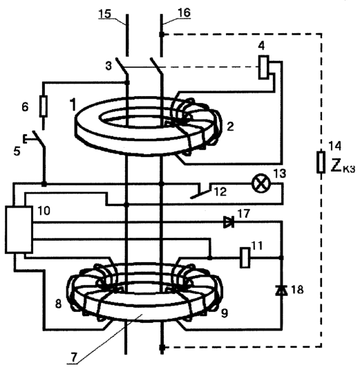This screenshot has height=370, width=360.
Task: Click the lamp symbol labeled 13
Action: coord(260,183)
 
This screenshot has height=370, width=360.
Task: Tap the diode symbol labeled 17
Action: coord(229,222)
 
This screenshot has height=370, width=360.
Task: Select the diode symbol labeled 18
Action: coord(281,290)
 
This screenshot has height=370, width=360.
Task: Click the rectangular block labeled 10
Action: coord(19,230)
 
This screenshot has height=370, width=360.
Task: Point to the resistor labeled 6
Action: coord(44,107)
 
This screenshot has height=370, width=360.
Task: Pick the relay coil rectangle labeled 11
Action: coord(245,258)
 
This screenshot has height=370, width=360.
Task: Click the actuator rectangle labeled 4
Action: coord(263,67)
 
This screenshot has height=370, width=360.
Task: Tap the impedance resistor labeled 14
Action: coord(321,162)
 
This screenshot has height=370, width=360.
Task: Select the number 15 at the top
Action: coord(104,13)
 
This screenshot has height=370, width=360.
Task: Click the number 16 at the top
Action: coord(184,12)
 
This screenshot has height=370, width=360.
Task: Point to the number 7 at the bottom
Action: coord(74,358)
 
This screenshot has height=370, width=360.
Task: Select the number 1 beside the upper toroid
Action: coord(73,104)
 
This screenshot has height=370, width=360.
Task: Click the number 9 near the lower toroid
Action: coord(225,313)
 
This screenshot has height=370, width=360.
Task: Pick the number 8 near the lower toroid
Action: coord(58,304)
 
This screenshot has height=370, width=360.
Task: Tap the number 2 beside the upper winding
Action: coord(230,127)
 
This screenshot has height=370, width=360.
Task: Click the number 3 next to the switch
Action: coord(108,66)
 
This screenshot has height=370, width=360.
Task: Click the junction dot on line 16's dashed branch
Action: coord(162,35)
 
